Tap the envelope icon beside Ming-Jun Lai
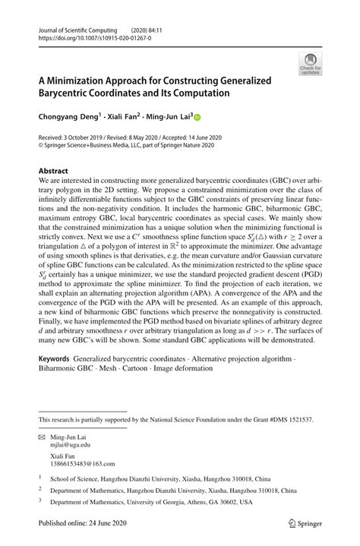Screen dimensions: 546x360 [43, 438]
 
